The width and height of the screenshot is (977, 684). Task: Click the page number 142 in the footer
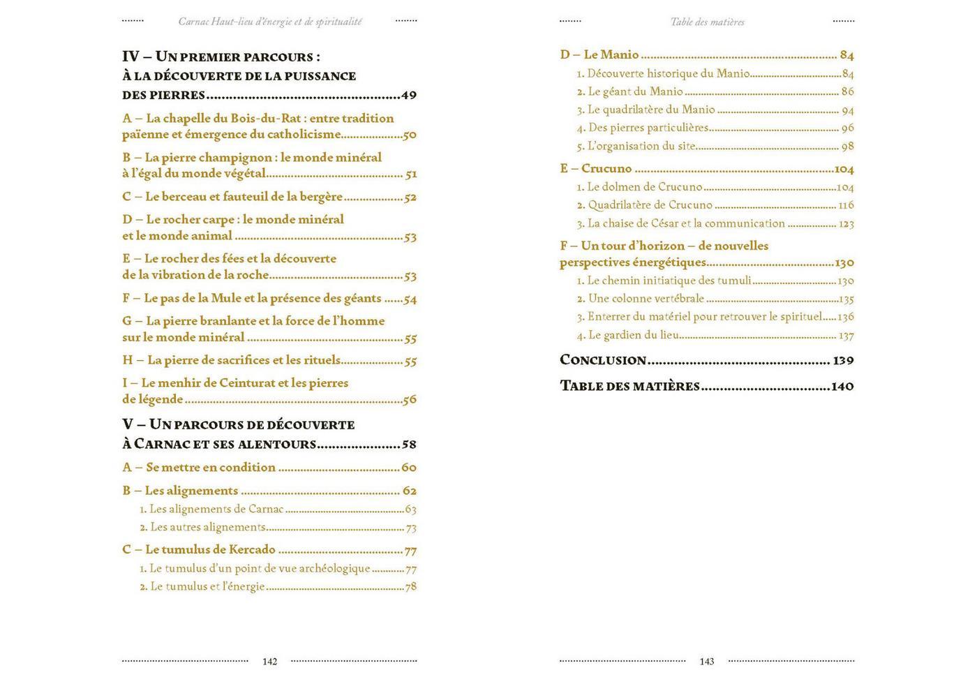(x=269, y=662)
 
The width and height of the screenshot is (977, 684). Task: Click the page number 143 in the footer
(x=706, y=662)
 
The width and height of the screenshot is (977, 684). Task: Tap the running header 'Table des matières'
(x=707, y=22)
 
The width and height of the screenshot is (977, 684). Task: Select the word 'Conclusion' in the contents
(x=603, y=360)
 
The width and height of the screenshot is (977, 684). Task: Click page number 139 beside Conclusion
(x=843, y=361)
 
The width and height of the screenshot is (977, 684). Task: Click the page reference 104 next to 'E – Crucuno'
(x=844, y=169)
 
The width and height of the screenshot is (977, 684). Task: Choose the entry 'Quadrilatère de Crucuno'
(x=650, y=205)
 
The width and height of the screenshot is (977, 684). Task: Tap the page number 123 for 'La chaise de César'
(x=846, y=224)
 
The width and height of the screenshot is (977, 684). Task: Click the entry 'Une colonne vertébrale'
(x=646, y=299)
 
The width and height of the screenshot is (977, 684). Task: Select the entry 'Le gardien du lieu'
(x=633, y=335)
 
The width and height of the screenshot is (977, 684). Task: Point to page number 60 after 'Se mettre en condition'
(x=409, y=468)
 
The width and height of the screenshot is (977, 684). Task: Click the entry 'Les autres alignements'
(x=207, y=528)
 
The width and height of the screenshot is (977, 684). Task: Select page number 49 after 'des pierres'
(x=409, y=96)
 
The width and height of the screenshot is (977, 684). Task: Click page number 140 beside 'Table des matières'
(x=842, y=386)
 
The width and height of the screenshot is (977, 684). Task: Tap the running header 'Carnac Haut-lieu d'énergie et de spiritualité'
(x=270, y=22)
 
